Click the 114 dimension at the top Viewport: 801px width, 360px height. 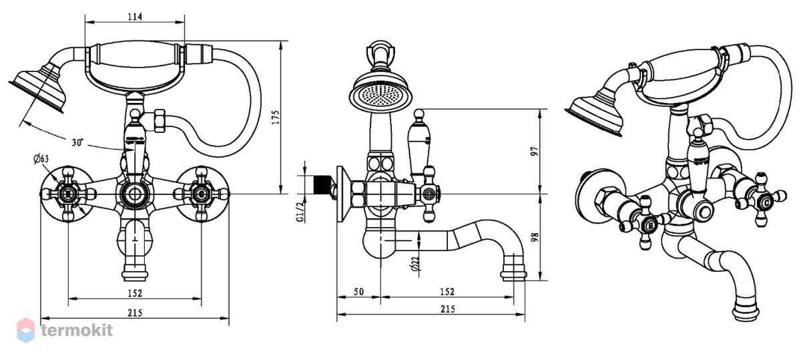135,17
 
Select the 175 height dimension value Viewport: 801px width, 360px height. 275,118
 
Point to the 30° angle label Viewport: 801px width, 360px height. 77,142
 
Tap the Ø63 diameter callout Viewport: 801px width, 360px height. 41,158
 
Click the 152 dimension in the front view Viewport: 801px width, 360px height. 135,293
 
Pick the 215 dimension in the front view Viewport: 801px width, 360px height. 135,313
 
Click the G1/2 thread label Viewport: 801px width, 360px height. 300,211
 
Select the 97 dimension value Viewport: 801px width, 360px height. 535,151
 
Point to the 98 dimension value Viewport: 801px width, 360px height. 535,237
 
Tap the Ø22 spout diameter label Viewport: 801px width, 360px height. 415,264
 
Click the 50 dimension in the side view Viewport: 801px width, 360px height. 358,292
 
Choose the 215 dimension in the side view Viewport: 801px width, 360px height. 448,309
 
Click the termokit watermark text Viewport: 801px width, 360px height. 77,330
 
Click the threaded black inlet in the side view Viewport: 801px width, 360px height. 322,185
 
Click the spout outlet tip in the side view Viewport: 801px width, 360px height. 513,276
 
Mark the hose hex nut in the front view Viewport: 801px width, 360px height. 159,122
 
